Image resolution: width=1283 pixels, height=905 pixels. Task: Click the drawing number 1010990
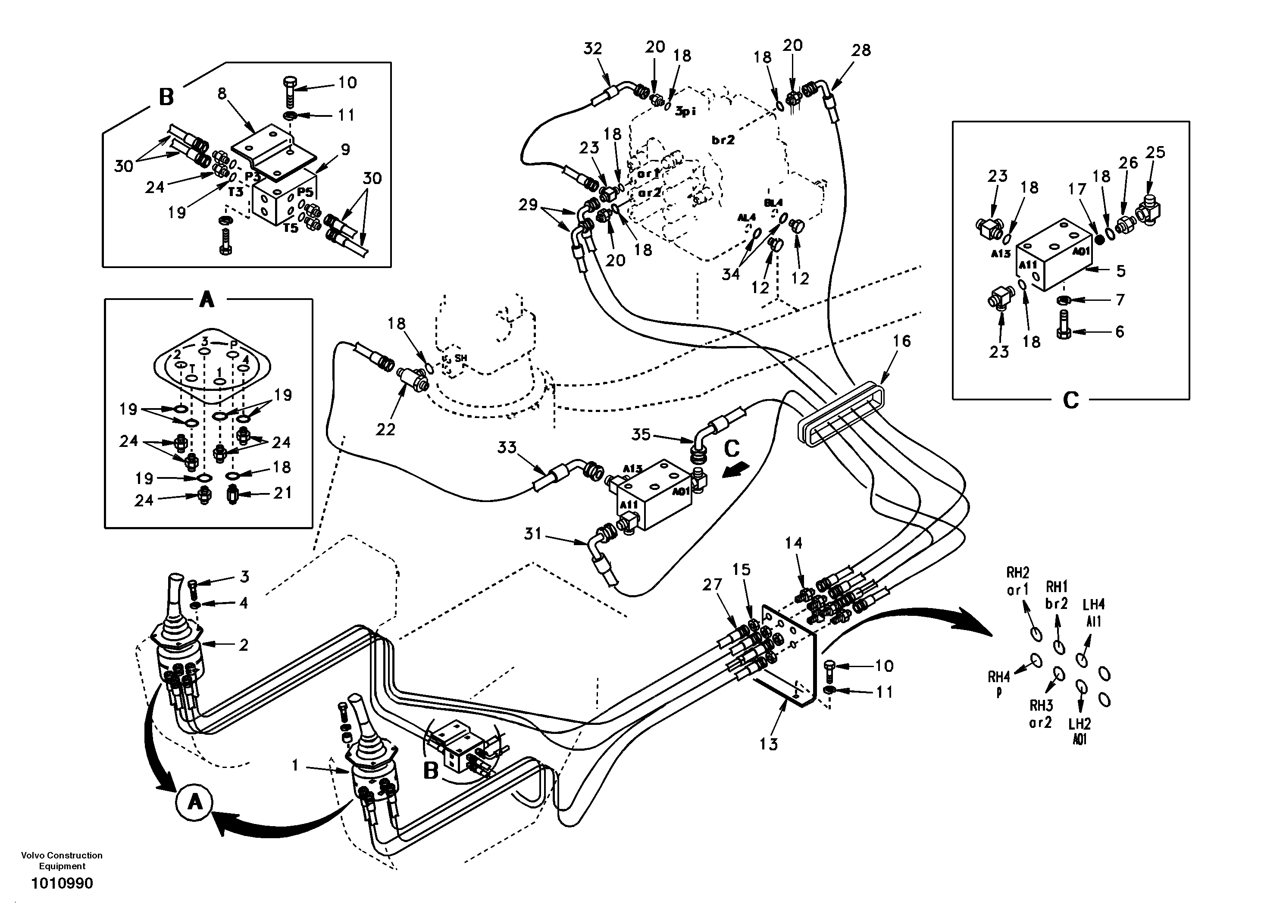click(x=62, y=883)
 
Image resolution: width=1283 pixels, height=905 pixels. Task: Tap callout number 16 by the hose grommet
click(x=901, y=341)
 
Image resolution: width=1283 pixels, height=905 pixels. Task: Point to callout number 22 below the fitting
click(x=385, y=429)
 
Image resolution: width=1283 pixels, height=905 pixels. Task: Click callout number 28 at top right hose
click(x=861, y=50)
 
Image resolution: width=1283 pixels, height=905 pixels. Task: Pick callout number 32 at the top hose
click(x=593, y=49)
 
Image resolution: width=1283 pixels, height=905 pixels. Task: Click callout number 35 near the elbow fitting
click(x=641, y=434)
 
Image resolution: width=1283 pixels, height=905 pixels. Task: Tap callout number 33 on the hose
click(x=507, y=447)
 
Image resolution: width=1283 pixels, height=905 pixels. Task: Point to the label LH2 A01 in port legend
click(x=1080, y=731)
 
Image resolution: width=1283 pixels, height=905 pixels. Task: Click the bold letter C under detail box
click(x=1070, y=400)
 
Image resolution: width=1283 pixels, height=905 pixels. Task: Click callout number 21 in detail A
click(x=282, y=493)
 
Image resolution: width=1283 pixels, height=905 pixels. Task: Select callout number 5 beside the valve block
click(x=1121, y=271)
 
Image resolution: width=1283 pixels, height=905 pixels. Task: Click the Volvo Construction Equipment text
click(x=62, y=860)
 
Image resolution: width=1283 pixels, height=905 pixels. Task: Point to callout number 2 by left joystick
click(x=244, y=645)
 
